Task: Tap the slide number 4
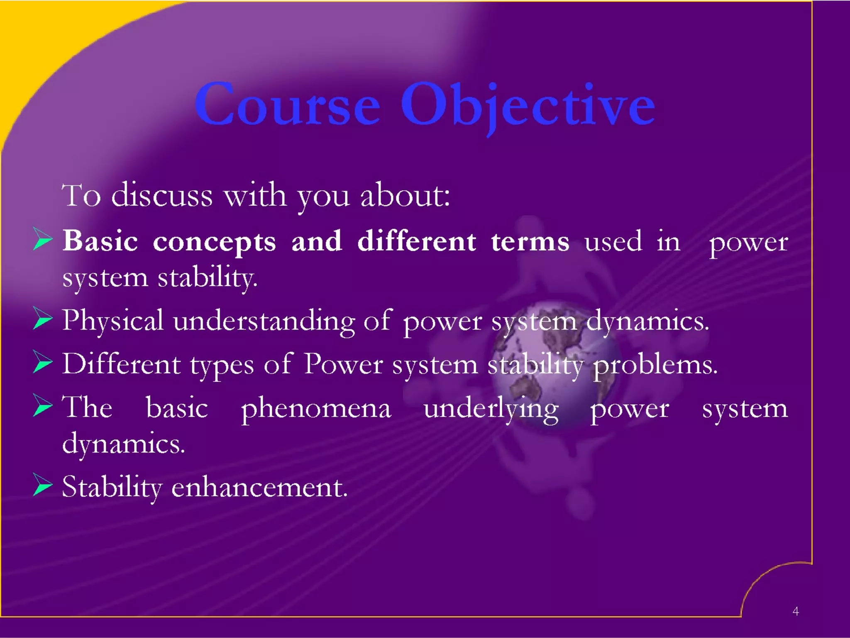pyautogui.click(x=795, y=611)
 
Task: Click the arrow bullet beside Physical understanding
pyautogui.click(x=42, y=319)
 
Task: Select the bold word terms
pyautogui.click(x=530, y=242)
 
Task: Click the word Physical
pyautogui.click(x=112, y=321)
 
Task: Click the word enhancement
pyautogui.click(x=259, y=487)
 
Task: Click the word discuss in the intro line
pyautogui.click(x=162, y=195)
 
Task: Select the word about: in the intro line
pyautogui.click(x=405, y=195)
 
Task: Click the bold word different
pyautogui.click(x=416, y=241)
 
